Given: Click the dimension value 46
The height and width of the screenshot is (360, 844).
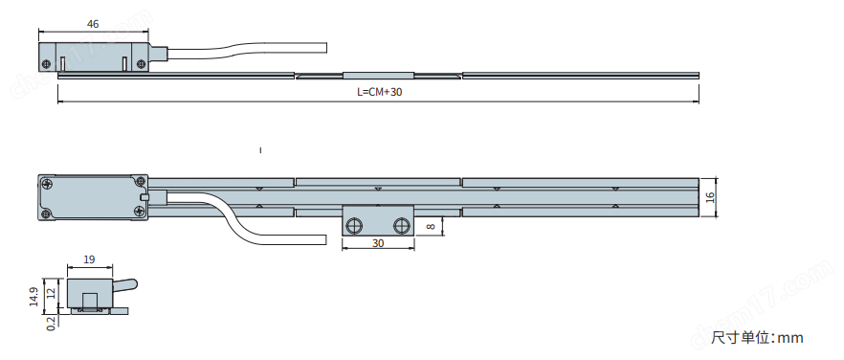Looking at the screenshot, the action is [93, 24].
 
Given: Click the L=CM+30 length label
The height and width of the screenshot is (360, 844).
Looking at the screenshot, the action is [380, 92].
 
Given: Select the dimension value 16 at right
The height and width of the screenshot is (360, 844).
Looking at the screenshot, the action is [709, 198].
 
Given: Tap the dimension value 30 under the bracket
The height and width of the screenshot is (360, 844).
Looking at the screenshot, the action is [378, 243].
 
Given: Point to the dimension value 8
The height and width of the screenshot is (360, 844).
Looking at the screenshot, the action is [430, 227].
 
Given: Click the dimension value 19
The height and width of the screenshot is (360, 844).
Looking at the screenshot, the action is [89, 259].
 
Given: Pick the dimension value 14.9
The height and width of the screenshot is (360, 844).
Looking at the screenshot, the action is [33, 297].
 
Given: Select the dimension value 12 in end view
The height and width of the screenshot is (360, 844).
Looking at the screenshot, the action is [51, 294].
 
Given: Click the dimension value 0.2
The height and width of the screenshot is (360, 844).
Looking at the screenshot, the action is [51, 324].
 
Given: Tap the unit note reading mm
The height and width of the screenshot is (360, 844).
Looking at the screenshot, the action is [790, 338].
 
